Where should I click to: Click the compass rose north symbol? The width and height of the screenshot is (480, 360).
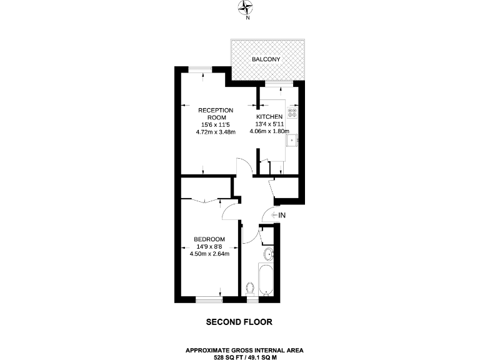pos(248,8)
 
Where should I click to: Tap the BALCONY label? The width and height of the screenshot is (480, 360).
pos(266,59)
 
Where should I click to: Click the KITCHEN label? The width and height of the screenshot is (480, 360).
pos(269,116)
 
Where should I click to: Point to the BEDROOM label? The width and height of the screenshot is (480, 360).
pos(209,239)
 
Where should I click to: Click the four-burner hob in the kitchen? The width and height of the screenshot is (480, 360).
pos(292,114)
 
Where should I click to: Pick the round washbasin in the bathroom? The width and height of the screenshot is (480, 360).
pos(269,254)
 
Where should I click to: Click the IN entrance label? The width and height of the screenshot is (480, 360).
pos(281,216)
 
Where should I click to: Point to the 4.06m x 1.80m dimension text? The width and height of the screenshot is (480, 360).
pos(269,132)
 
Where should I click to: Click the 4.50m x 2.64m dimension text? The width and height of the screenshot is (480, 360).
pos(209,254)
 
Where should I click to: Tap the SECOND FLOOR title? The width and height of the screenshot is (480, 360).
pos(239,322)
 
